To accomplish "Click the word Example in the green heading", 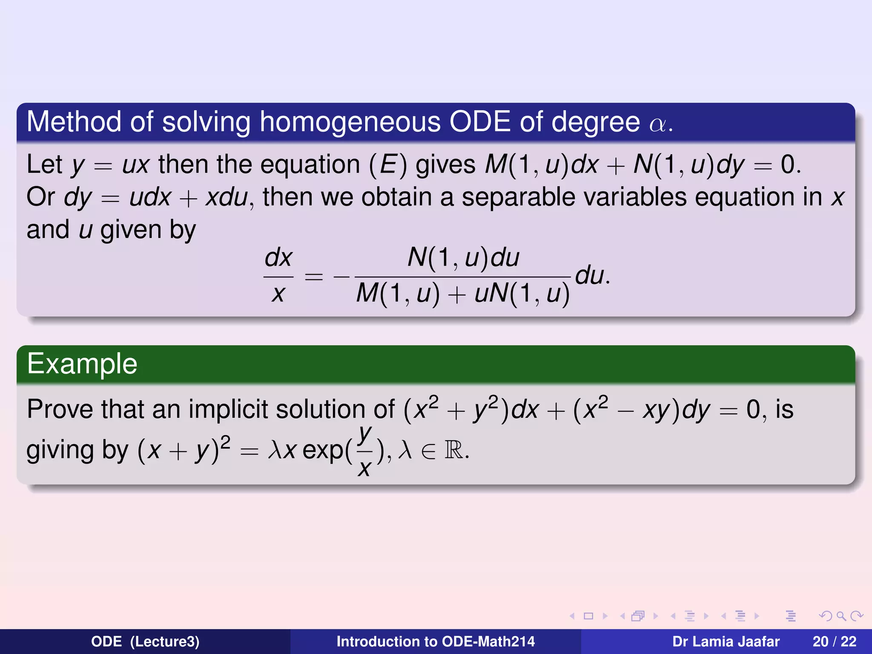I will (x=82, y=364).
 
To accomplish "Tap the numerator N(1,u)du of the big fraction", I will (x=463, y=258).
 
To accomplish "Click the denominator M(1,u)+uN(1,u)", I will (x=463, y=294).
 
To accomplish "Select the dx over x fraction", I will (x=278, y=276).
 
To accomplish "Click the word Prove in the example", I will (x=60, y=409).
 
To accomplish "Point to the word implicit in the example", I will (x=228, y=409).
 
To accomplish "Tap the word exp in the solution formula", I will (x=323, y=450).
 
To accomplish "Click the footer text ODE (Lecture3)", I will (x=145, y=642).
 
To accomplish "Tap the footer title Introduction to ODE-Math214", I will (x=435, y=642).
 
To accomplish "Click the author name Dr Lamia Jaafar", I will (x=726, y=642).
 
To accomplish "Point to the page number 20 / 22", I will (x=834, y=642).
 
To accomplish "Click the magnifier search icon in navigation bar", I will (x=841, y=616).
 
